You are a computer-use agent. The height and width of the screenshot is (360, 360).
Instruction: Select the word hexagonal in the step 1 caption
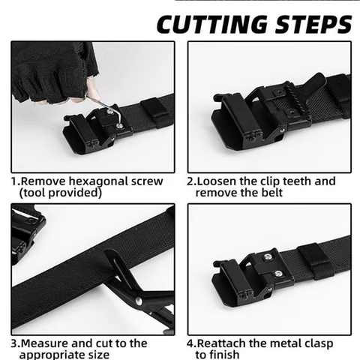coord(94,181)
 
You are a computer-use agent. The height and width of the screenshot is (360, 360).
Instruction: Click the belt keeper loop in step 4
coord(315,262)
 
